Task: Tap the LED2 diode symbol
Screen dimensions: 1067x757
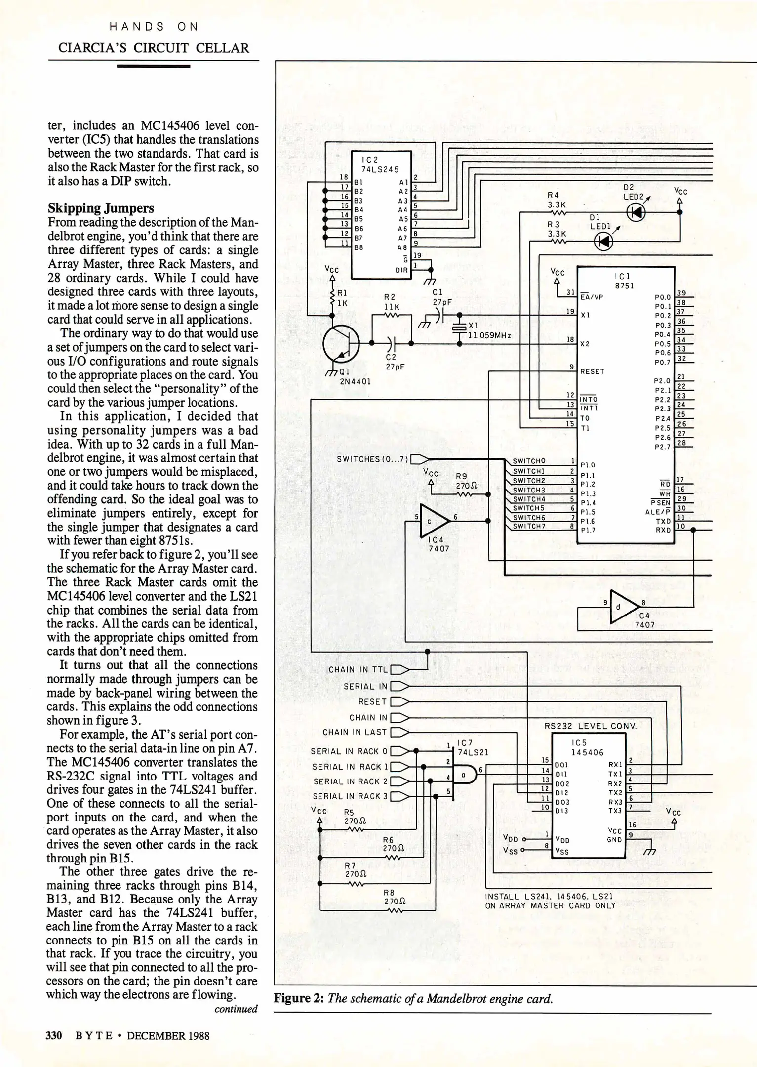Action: point(636,212)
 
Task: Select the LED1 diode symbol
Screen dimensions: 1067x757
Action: point(603,242)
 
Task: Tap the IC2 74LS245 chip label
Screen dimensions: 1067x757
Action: point(380,164)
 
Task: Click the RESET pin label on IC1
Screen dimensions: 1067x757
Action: point(592,371)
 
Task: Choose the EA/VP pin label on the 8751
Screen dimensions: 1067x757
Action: point(592,297)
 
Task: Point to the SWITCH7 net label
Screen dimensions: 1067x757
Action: point(529,526)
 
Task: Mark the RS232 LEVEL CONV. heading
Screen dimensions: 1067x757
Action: point(590,726)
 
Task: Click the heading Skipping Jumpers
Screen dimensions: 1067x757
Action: point(101,208)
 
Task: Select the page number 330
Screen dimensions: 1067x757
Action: point(54,1035)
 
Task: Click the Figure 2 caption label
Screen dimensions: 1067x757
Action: point(299,998)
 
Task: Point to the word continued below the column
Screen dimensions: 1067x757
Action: point(236,1009)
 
